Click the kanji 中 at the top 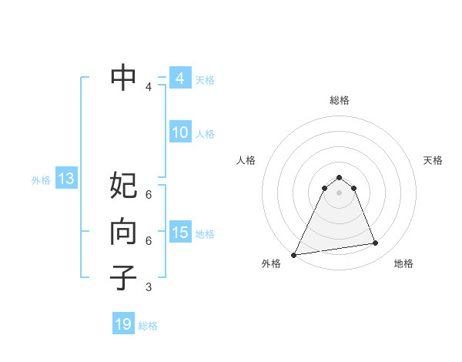pos(124,77)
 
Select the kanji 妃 pos(124,186)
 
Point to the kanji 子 pos(124,278)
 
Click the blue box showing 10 pos(180,132)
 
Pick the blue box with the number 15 pos(180,233)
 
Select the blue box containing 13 pos(66,179)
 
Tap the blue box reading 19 pos(124,324)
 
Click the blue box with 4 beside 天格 pos(180,79)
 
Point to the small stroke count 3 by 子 pos(149,287)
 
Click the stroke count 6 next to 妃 pos(149,193)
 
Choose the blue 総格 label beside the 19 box pos(149,326)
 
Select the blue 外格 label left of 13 pos(41,180)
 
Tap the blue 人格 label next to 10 pos(205,134)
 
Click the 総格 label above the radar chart pos(339,100)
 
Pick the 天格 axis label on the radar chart pos(434,160)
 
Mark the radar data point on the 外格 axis pos(294,254)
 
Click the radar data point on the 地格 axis pos(376,243)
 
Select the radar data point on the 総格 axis pos(339,177)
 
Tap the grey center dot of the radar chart pos(339,193)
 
